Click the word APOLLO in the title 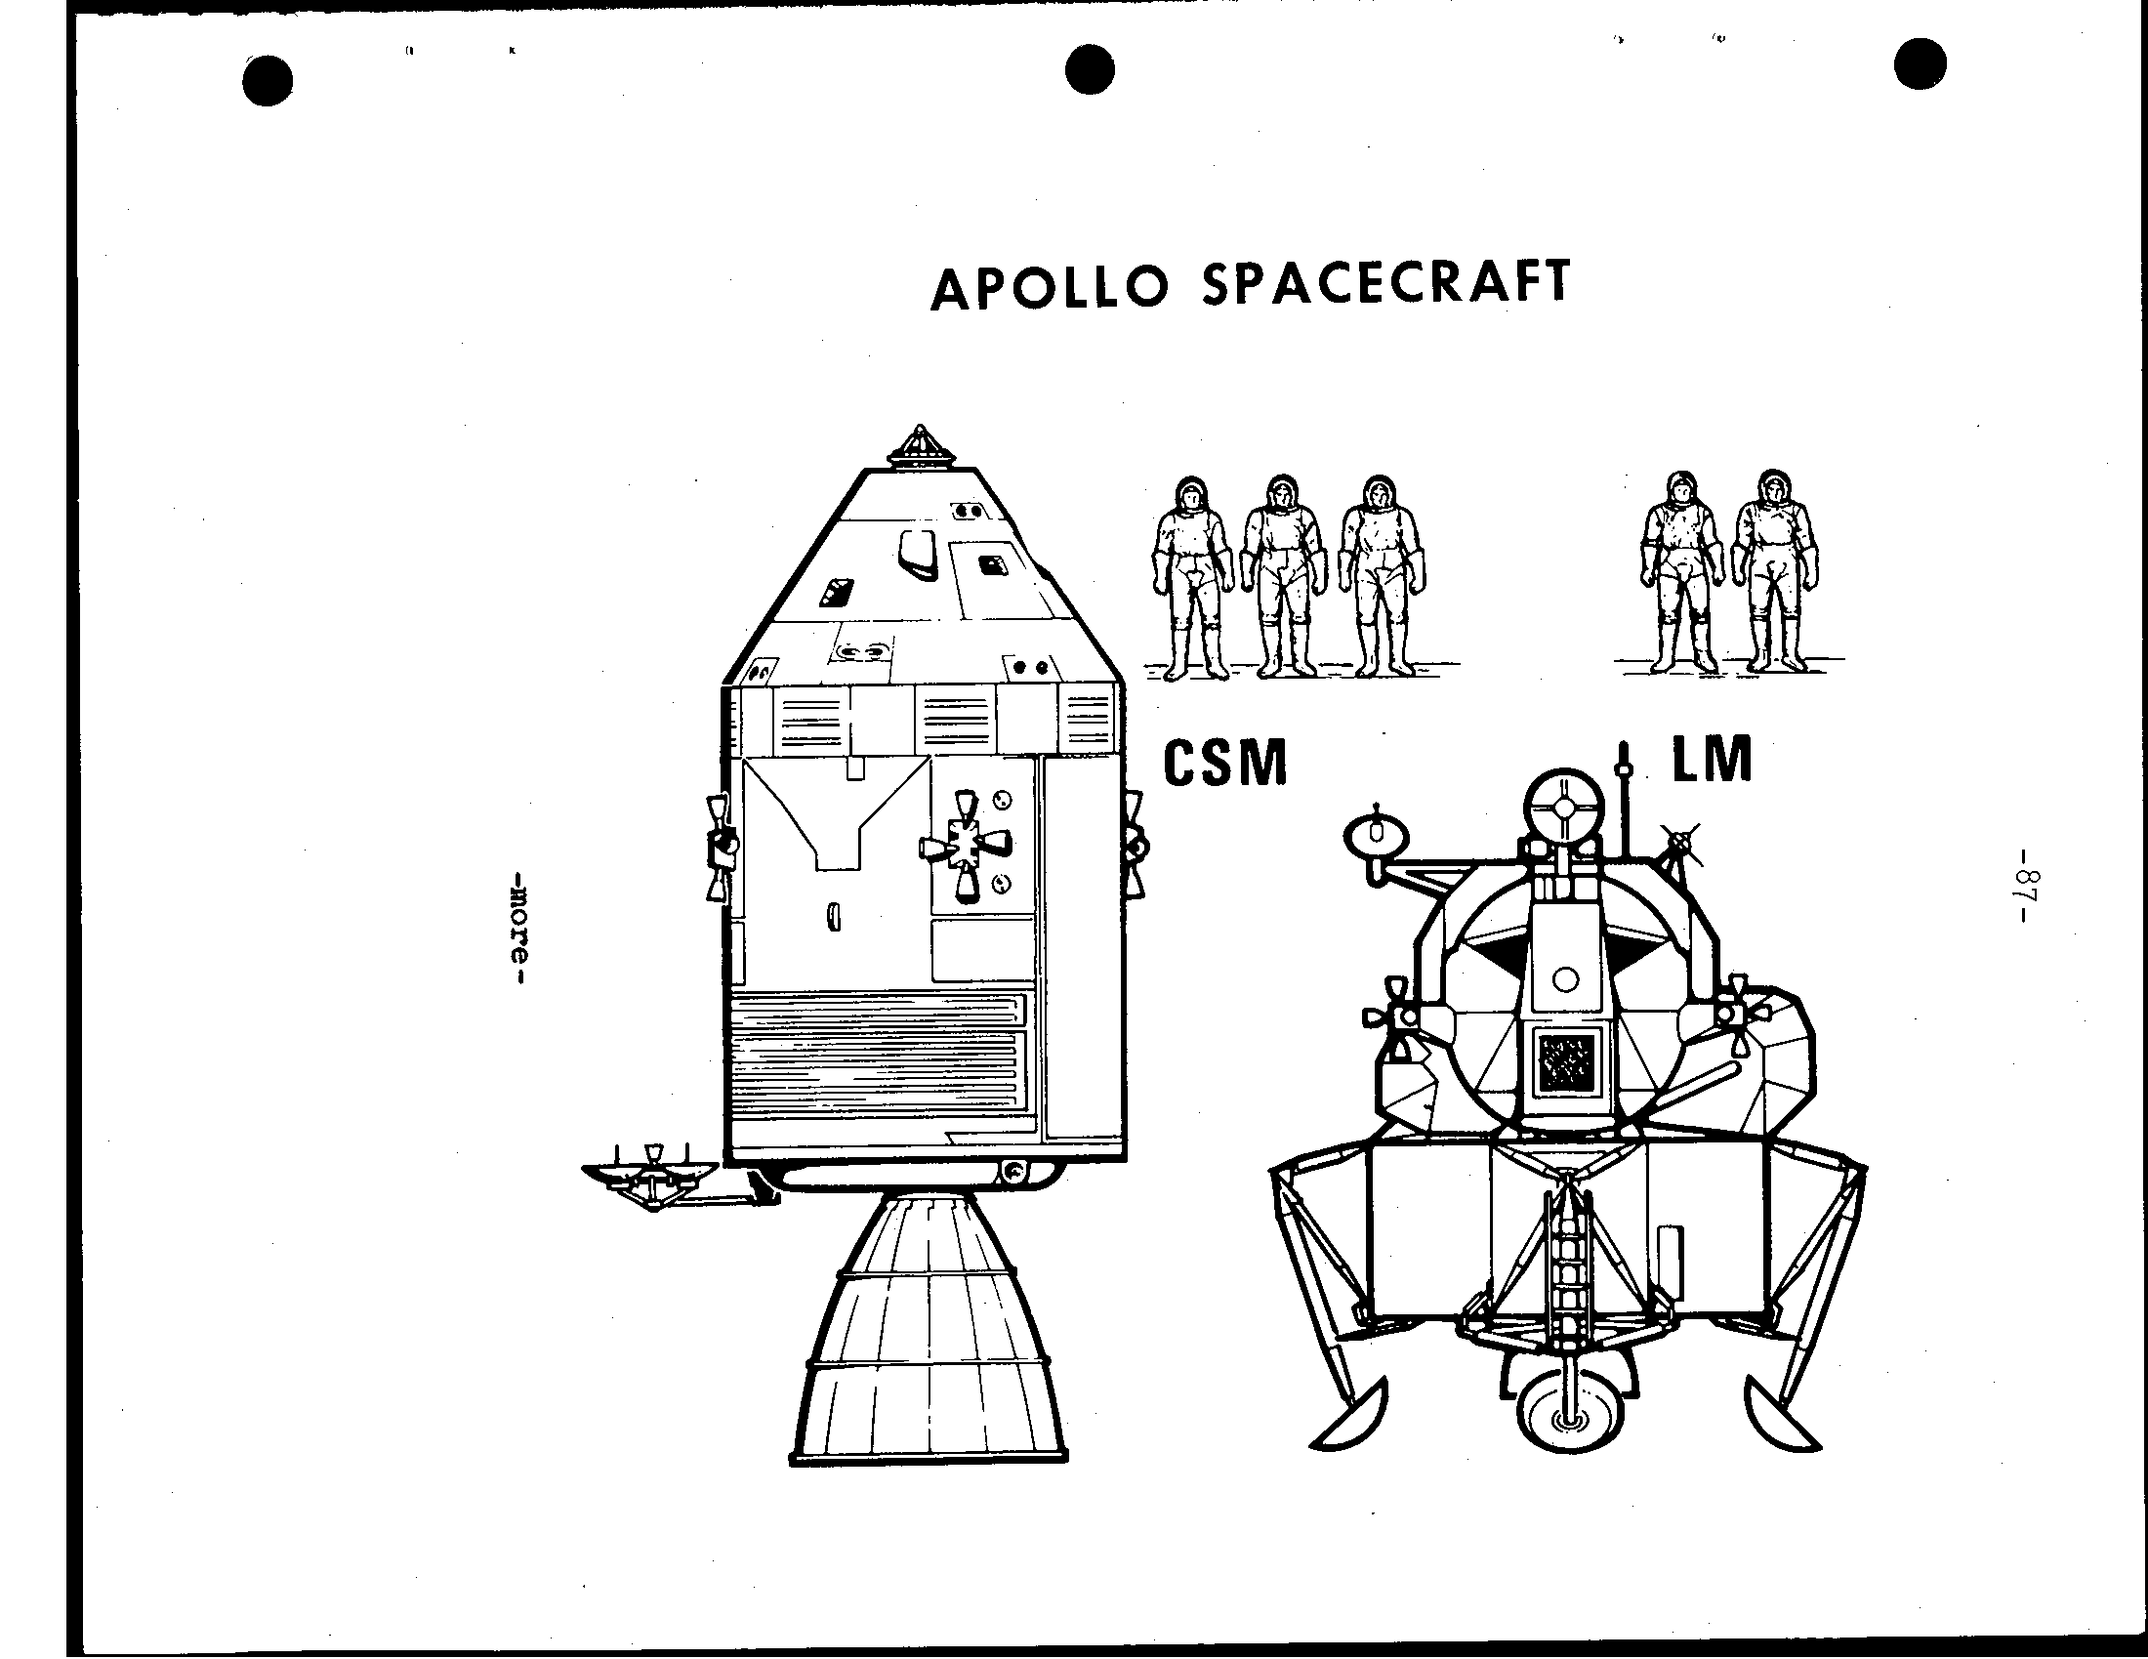point(1050,287)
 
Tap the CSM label point(1224,764)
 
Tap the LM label point(1713,758)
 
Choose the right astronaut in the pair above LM point(1774,571)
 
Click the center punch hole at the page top point(1090,71)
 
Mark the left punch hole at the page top point(267,79)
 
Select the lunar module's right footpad point(1781,1416)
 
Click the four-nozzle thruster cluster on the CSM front point(965,845)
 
